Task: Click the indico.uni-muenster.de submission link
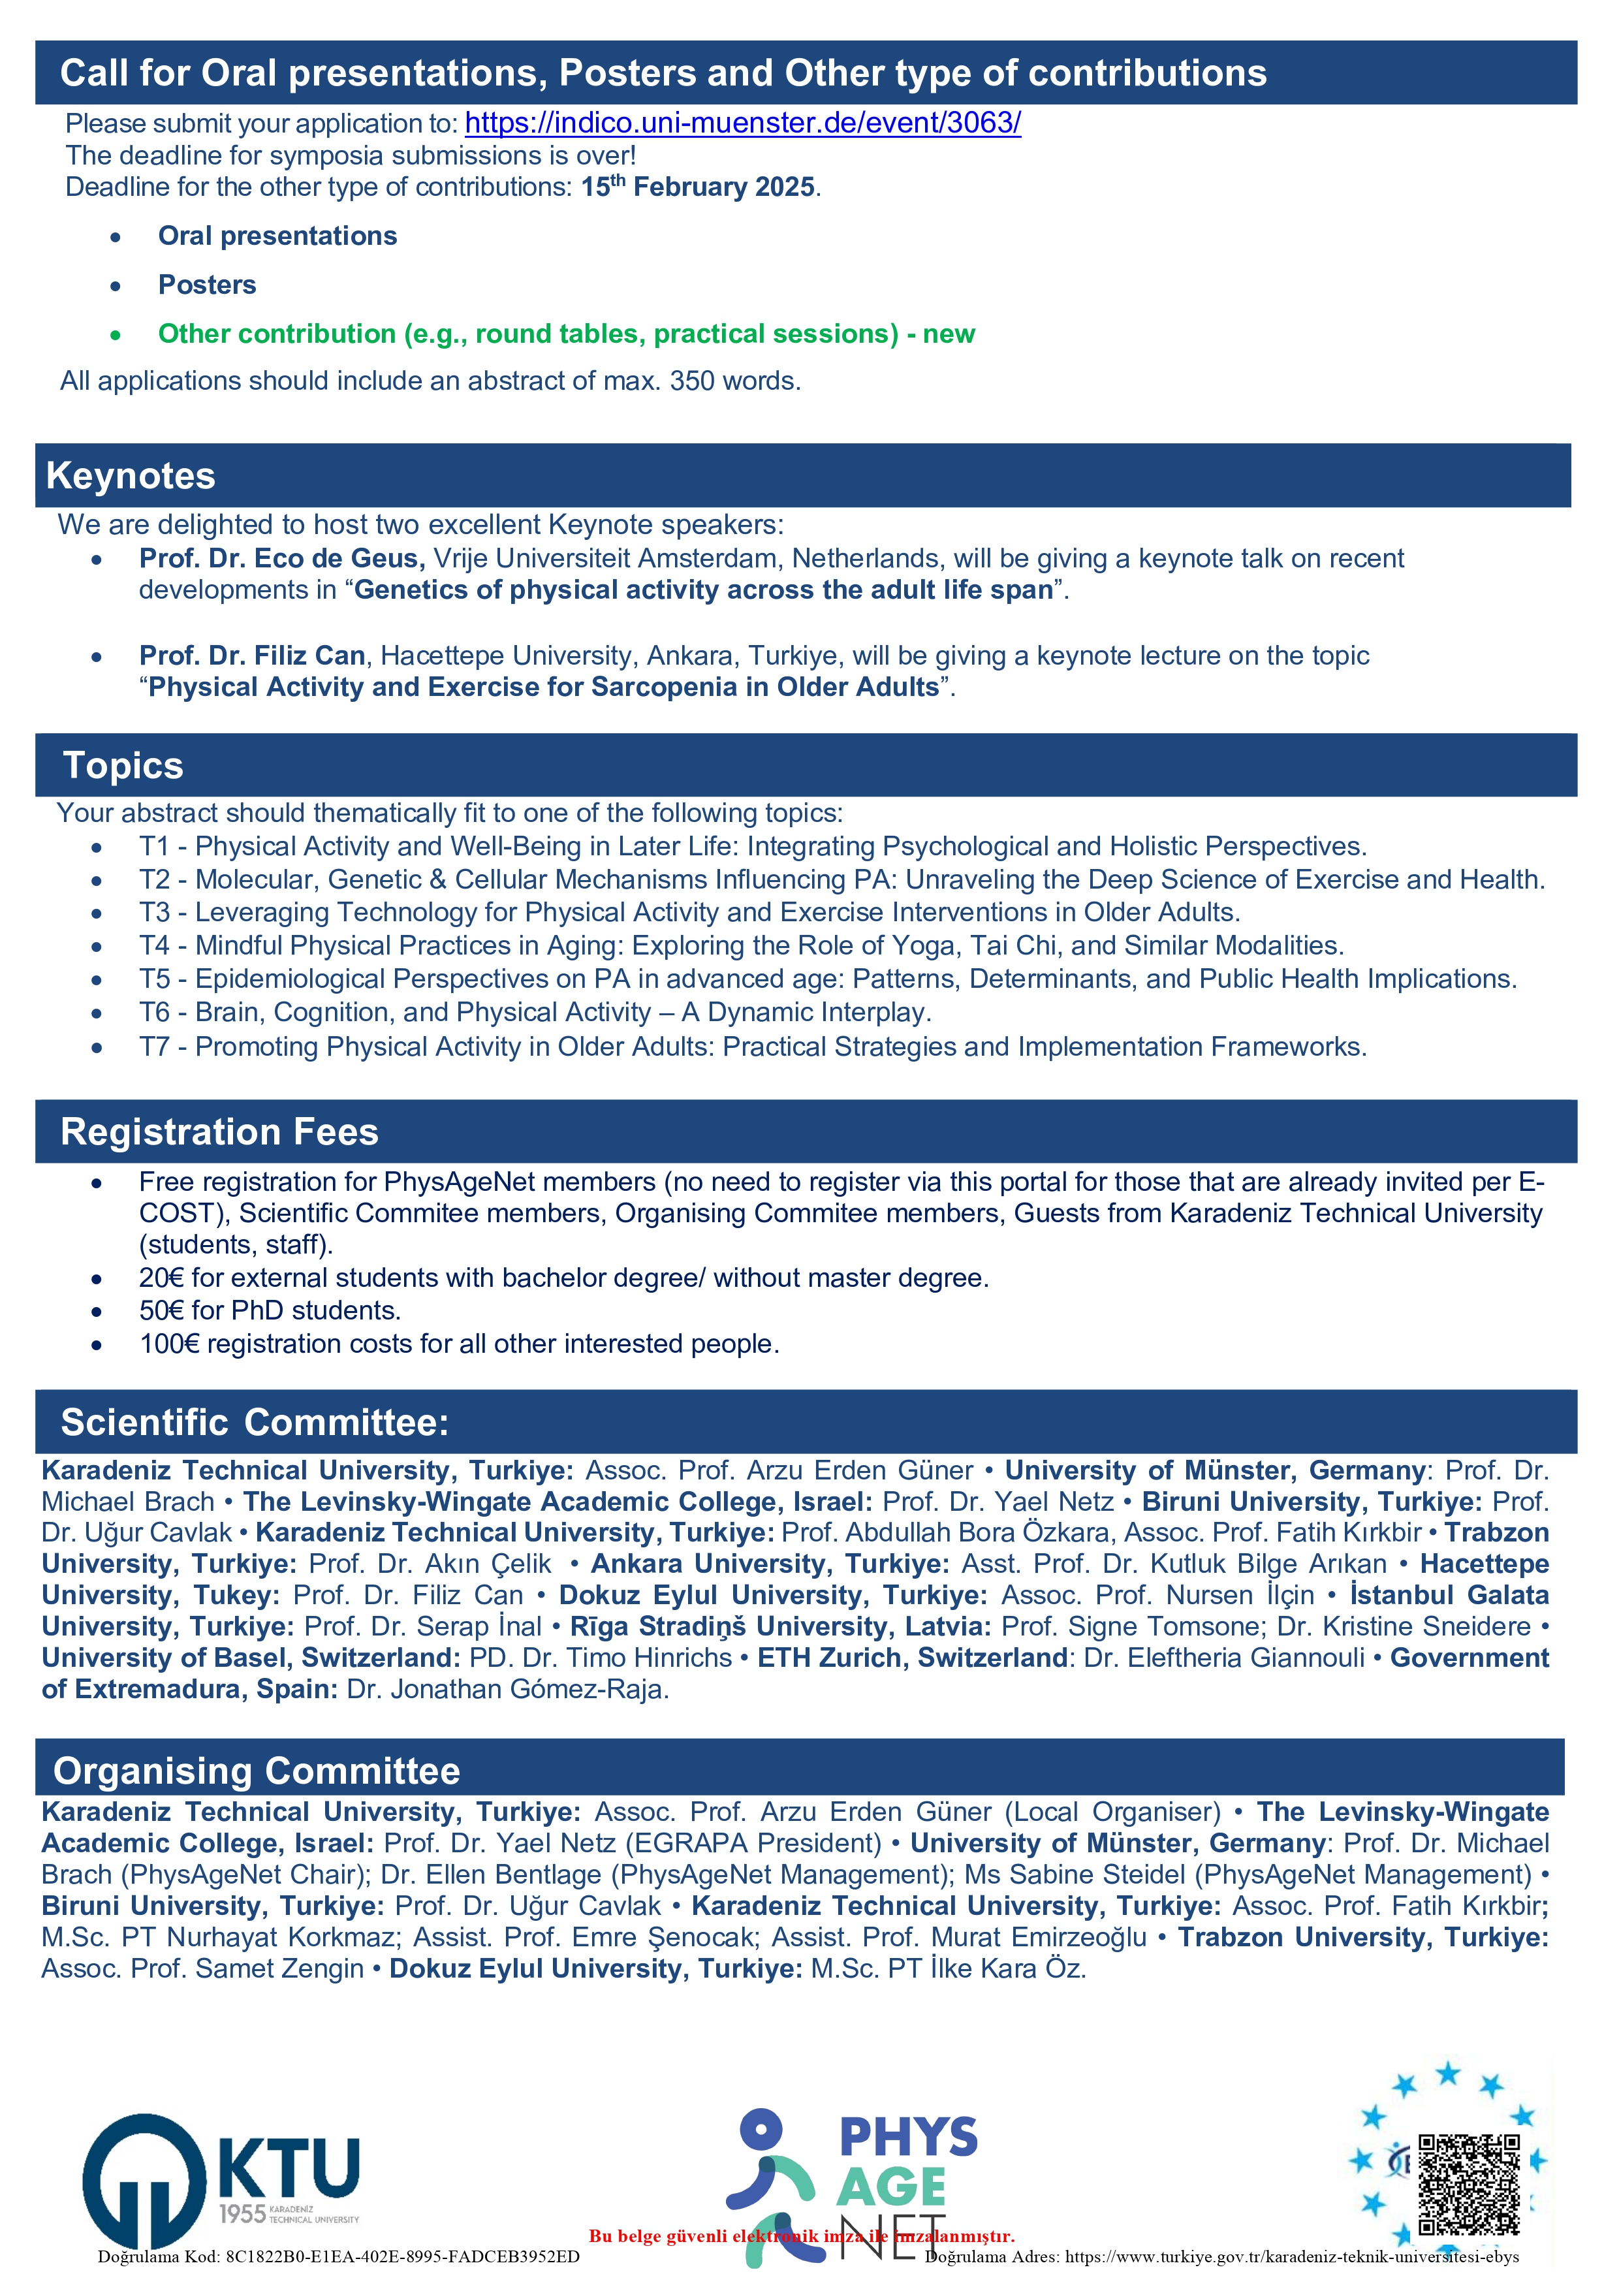[x=742, y=123]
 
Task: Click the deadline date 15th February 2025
[x=699, y=187]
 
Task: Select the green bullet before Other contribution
[x=116, y=336]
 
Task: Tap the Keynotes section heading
[x=131, y=476]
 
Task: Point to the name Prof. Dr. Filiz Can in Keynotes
[x=253, y=656]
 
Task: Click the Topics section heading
[x=123, y=765]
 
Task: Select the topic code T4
[x=155, y=946]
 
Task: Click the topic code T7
[x=155, y=1047]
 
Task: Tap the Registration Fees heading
[x=219, y=1131]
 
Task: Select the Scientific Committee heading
[x=255, y=1422]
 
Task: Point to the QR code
[x=1470, y=2184]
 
